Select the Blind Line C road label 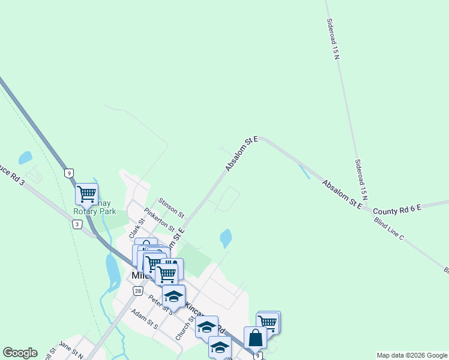point(388,230)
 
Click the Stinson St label point(171,208)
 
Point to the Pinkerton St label point(159,220)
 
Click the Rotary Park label point(94,211)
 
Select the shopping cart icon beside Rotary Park point(86,194)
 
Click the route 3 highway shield point(76,224)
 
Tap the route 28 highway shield point(137,291)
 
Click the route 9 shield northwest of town point(70,173)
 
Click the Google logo point(20,353)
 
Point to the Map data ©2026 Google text point(411,355)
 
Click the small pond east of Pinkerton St point(226,238)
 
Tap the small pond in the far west point(25,158)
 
